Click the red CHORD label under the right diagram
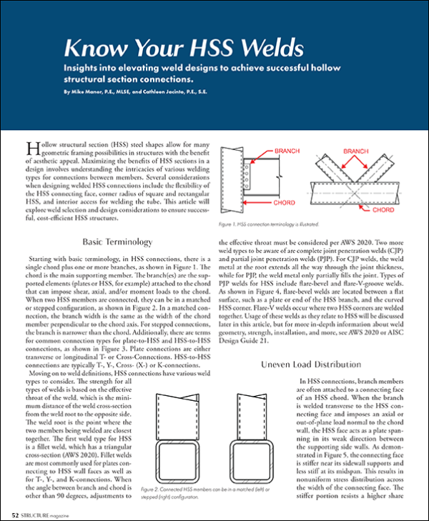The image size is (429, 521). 383,211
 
